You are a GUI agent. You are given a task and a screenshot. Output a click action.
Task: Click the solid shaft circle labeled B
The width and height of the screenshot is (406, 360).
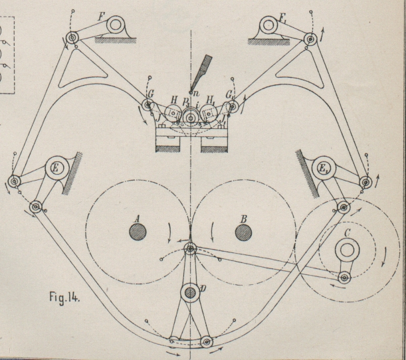click(243, 232)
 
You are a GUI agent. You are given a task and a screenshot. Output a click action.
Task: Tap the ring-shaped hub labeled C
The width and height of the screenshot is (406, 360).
click(347, 250)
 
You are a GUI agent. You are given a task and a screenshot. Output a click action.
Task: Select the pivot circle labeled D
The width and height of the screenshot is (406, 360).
click(190, 292)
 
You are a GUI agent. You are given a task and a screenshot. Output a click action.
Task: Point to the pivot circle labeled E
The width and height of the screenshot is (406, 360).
click(56, 169)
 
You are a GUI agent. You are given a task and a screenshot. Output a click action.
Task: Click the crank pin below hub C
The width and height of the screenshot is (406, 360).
click(344, 277)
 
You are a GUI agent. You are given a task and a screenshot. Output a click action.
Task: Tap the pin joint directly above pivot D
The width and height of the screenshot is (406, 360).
click(190, 250)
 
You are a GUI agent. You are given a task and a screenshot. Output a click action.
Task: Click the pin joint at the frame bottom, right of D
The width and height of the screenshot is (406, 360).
click(207, 342)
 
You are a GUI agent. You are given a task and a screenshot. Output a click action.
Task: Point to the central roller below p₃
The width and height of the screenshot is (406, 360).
click(191, 119)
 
